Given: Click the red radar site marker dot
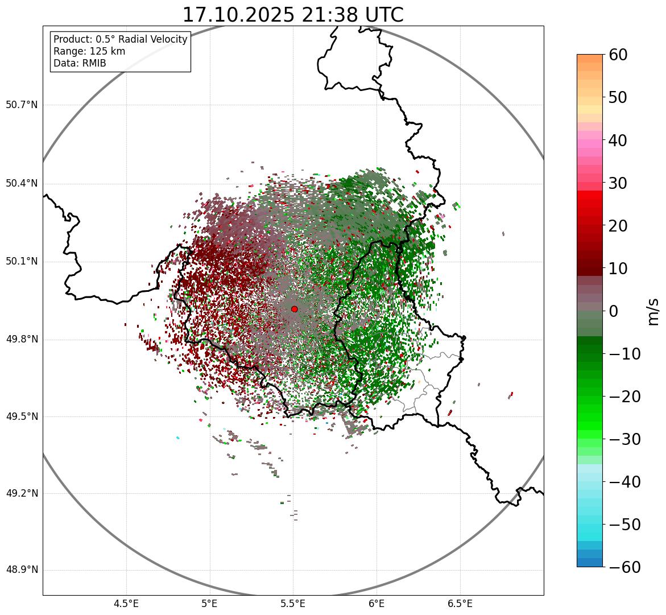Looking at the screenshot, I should tap(294, 309).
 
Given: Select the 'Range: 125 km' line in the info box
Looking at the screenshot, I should tap(89, 51).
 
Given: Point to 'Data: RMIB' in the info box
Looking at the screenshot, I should tap(80, 63).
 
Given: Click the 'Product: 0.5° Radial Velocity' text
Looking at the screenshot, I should tap(120, 39).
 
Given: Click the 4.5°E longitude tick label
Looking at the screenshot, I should tap(126, 604).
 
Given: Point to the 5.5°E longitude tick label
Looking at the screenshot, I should tap(293, 604).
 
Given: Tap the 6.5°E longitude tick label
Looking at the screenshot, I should tap(460, 604).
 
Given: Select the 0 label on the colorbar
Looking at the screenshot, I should tap(613, 311).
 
